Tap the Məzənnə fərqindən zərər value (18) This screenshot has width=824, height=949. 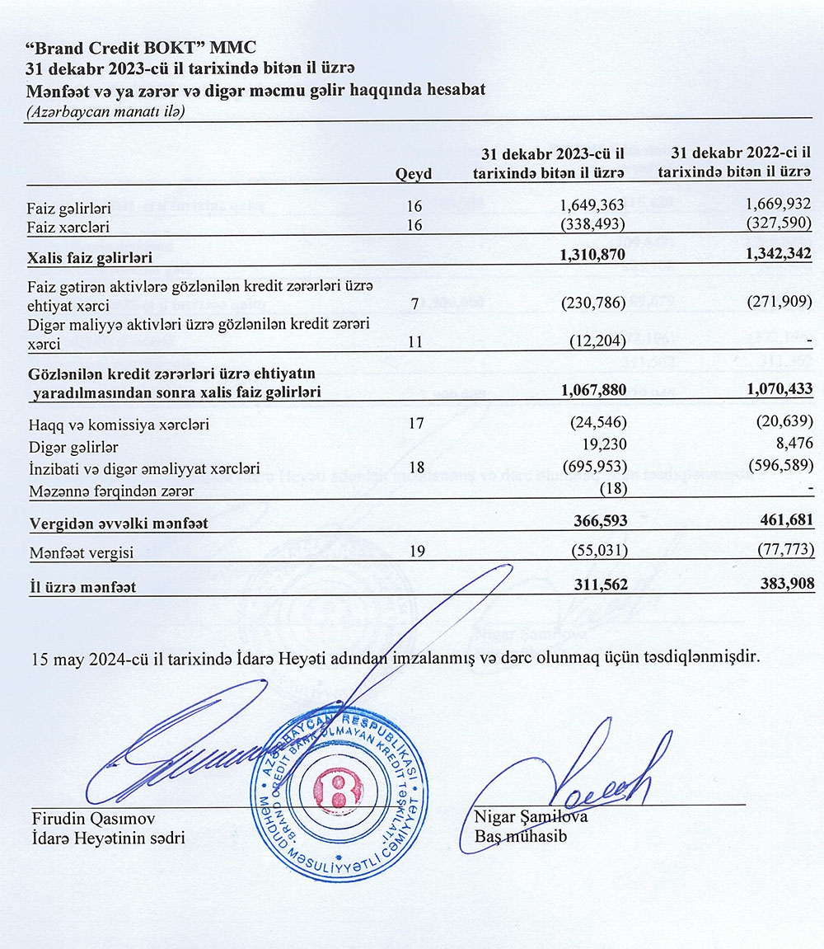[612, 488]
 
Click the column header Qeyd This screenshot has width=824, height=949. [414, 173]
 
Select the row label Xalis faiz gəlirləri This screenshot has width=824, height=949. [90, 258]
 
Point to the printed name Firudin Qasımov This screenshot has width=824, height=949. [93, 818]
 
